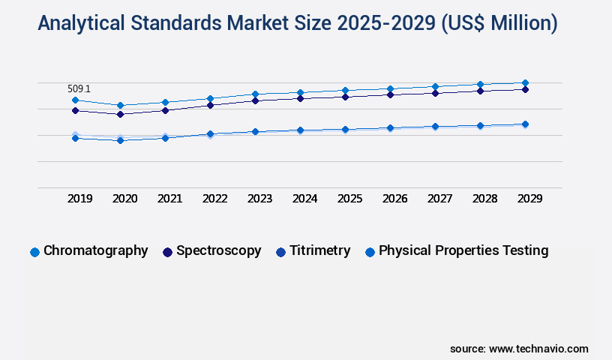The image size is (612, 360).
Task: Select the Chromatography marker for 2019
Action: (x=75, y=100)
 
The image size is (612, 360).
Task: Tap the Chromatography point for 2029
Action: (x=525, y=82)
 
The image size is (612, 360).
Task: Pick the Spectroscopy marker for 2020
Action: (x=120, y=114)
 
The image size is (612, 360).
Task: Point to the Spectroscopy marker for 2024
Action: (x=300, y=98)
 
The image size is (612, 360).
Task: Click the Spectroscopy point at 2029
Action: (x=525, y=89)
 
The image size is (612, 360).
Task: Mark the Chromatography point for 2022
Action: (x=210, y=98)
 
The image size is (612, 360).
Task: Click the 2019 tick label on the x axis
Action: (x=80, y=199)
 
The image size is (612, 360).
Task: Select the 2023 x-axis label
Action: (x=260, y=199)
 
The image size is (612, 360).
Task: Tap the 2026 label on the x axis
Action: (x=395, y=199)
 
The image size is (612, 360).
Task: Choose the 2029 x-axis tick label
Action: (x=530, y=199)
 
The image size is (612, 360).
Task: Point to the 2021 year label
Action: (x=170, y=199)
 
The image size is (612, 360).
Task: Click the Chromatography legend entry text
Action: (x=95, y=250)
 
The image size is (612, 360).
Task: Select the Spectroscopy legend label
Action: (x=218, y=250)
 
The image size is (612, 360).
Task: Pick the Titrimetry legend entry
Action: (x=319, y=250)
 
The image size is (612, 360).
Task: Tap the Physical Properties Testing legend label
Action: (x=463, y=250)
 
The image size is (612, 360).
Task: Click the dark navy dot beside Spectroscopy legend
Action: (x=168, y=252)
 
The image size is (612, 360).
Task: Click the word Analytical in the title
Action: (x=82, y=24)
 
